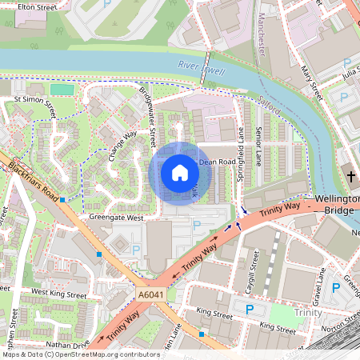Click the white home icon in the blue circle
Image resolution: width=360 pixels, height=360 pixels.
pos(180,173)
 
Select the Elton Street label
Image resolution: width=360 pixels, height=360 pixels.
pos(37,6)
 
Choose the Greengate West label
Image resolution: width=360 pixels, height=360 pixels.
pos(116,217)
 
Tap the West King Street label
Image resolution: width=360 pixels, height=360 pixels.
pos(58,294)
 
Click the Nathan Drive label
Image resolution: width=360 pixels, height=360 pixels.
pos(70,344)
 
